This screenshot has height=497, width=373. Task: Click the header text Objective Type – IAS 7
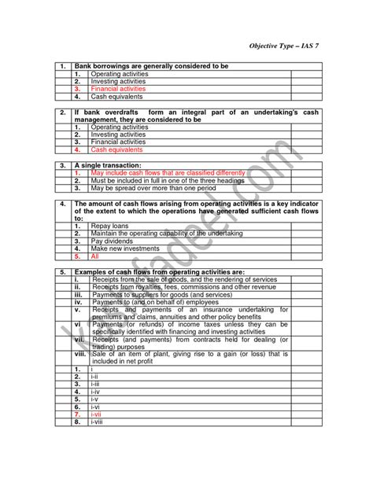(285, 46)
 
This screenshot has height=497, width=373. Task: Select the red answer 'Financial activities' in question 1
(118, 89)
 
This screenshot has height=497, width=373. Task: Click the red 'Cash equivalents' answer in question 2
(116, 149)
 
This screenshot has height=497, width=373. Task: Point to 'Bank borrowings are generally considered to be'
(150, 66)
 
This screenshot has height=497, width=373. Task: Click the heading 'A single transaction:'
(108, 165)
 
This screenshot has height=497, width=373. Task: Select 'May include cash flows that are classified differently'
(168, 173)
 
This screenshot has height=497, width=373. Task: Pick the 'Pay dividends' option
(111, 241)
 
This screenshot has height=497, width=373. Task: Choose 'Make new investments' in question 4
(124, 248)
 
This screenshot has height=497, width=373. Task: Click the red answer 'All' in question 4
(95, 256)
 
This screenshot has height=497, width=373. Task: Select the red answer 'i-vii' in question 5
(97, 414)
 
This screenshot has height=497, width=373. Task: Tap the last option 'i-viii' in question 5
(98, 422)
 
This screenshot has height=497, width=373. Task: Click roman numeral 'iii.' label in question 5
(78, 293)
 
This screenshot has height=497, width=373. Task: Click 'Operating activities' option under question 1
(118, 73)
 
